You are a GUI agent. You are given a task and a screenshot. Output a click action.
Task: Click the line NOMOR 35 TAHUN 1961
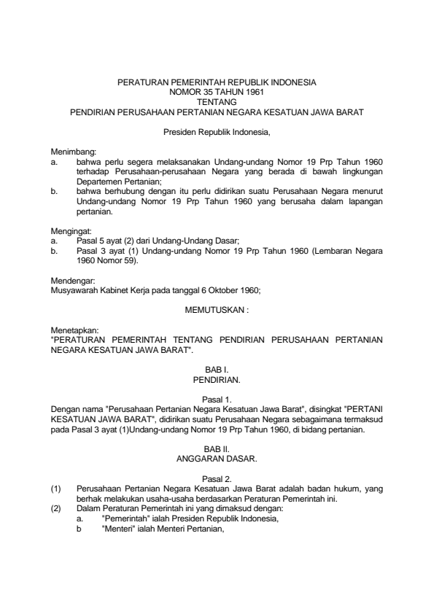coord(217,93)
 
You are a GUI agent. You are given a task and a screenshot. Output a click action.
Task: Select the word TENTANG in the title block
coord(217,103)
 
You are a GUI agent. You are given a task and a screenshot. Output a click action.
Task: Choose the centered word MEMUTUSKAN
coord(217,308)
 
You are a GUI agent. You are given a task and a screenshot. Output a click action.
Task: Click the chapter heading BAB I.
coord(217,370)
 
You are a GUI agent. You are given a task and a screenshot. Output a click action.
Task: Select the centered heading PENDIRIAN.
coord(217,381)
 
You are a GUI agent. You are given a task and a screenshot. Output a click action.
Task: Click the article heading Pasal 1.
coord(217,400)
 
